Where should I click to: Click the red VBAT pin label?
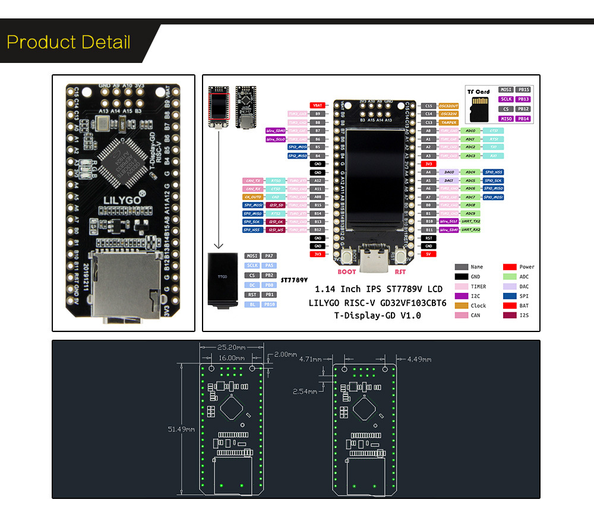pos(318,106)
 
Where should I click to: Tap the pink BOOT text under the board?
pos(347,272)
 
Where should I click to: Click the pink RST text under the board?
pos(400,272)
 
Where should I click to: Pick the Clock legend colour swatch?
pos(461,305)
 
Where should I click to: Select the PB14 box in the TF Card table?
pos(523,119)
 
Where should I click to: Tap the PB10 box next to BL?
pos(269,304)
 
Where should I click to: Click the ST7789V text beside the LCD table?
pos(294,279)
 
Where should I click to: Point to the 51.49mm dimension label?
pos(182,429)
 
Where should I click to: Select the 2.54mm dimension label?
pos(306,391)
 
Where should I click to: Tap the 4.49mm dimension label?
pos(419,359)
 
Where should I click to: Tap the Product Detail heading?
pos(68,43)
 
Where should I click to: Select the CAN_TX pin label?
pos(253,181)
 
